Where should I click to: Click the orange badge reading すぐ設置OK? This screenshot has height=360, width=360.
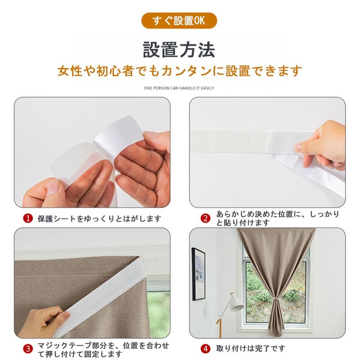[179, 21]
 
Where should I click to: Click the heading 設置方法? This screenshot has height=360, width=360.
[179, 49]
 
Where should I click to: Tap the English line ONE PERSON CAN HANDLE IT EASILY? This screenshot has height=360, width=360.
[179, 88]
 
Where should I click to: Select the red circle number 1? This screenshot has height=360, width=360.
[28, 219]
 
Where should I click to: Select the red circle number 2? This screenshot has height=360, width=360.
[205, 219]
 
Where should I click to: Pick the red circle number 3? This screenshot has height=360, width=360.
[28, 349]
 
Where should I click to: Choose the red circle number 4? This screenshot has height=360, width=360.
[205, 349]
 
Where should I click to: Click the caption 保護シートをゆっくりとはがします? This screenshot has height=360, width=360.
[99, 219]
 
